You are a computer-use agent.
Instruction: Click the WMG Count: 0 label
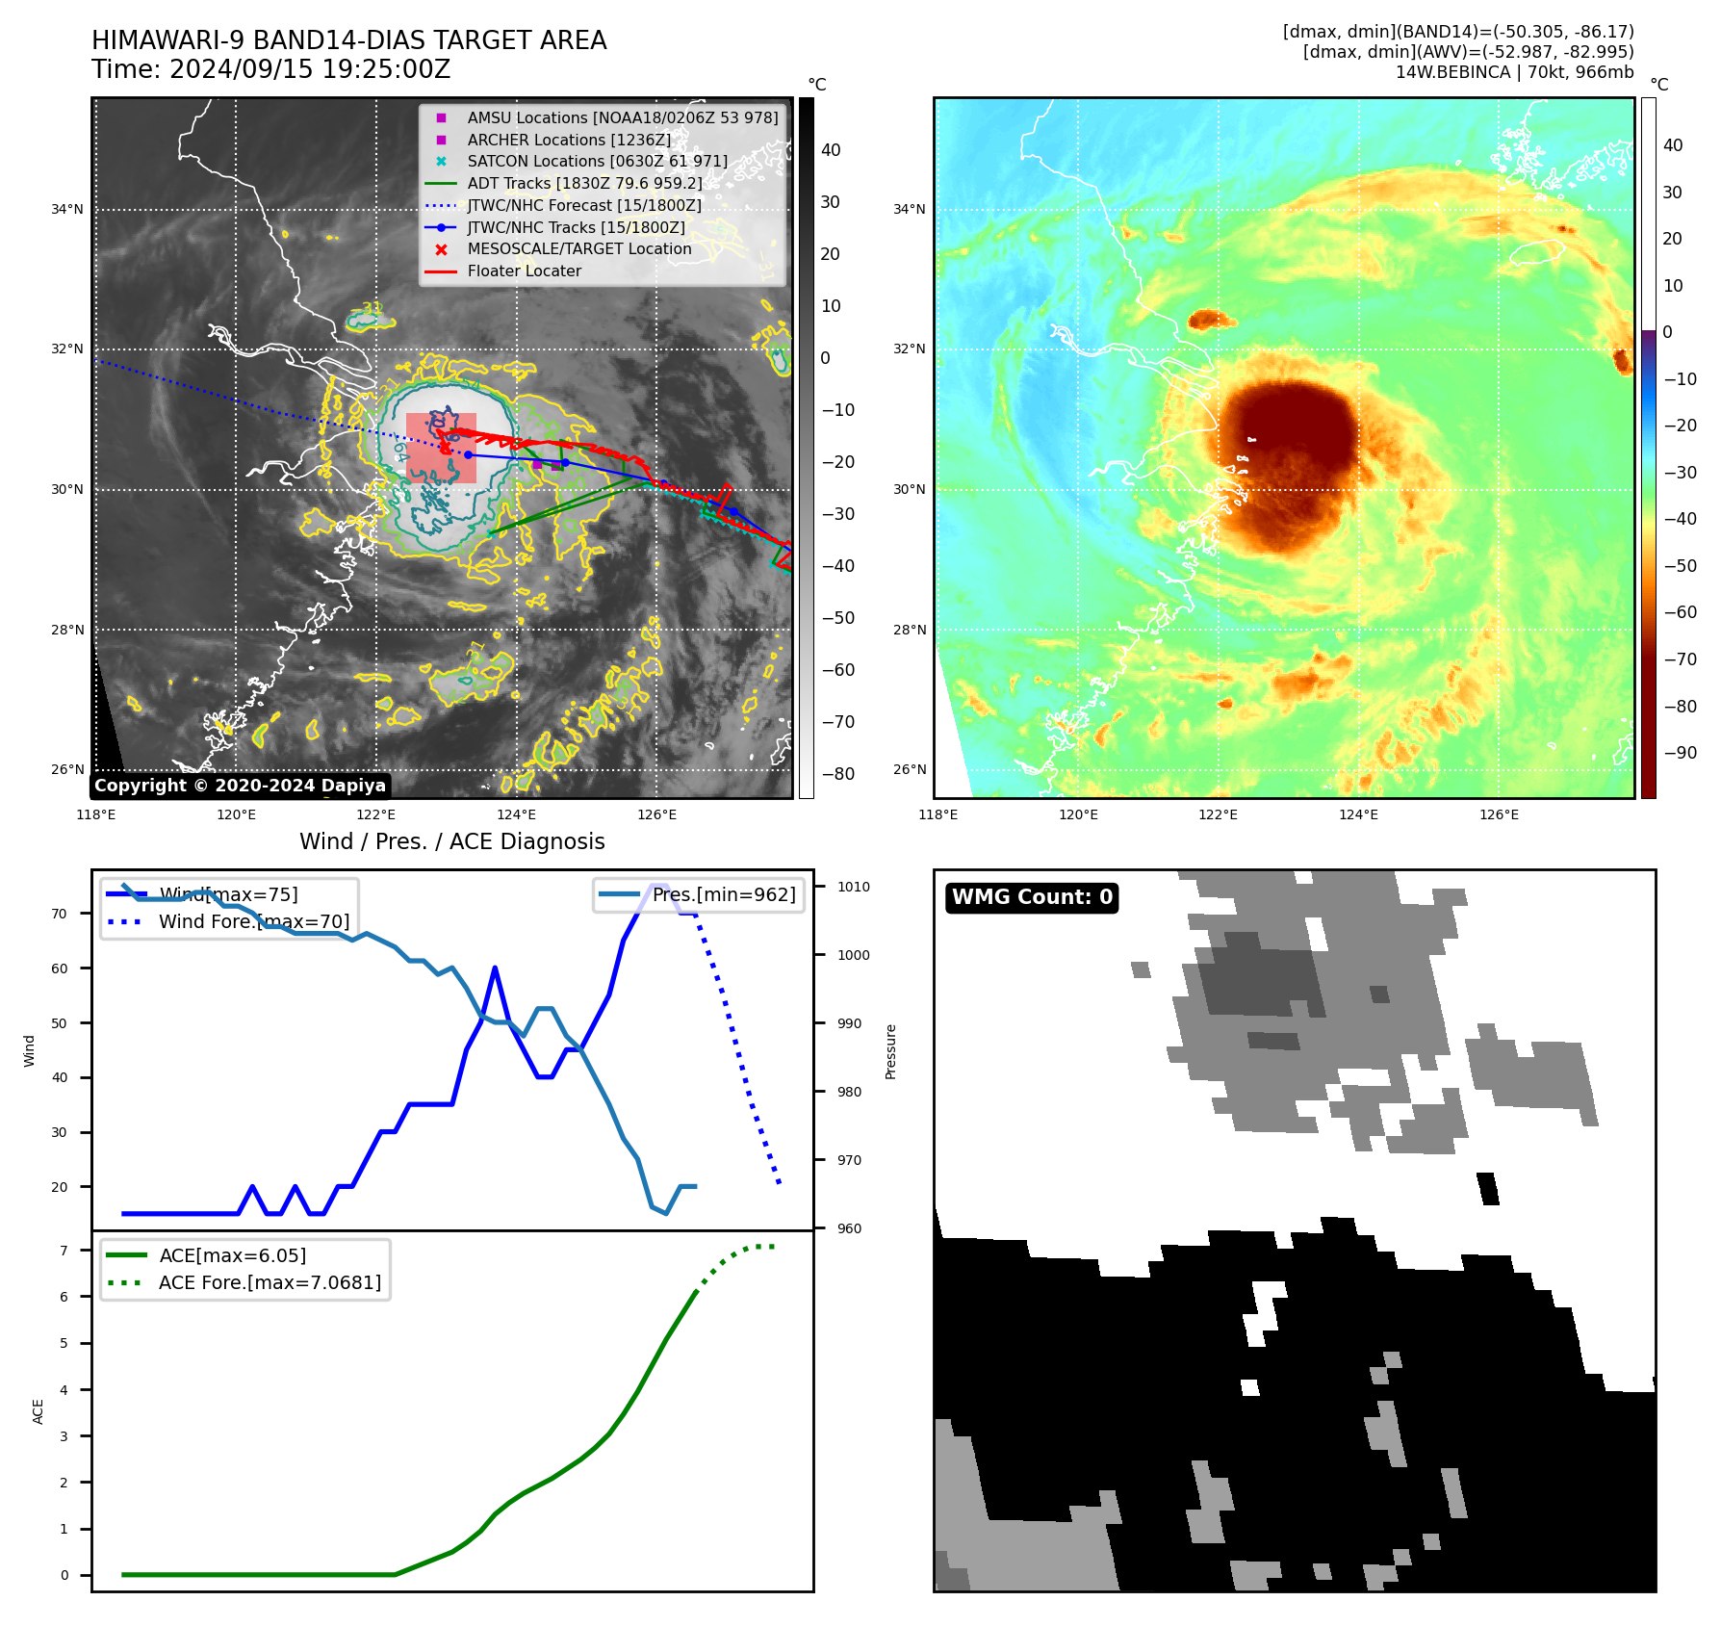(x=1032, y=897)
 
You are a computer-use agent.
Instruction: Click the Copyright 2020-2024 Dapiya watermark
(x=240, y=786)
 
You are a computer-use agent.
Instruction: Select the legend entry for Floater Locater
(x=524, y=271)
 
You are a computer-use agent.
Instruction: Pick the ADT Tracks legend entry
(x=584, y=183)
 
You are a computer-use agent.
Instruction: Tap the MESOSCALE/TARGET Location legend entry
(x=578, y=249)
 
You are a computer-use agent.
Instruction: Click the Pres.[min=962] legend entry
(x=723, y=894)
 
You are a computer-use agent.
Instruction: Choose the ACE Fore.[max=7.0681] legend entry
(x=270, y=1282)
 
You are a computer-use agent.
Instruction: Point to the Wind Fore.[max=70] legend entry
(x=253, y=921)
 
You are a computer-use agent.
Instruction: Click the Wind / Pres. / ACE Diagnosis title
(x=451, y=841)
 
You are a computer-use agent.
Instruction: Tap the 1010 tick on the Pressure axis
(x=853, y=887)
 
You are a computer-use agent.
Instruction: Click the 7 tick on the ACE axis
(x=64, y=1251)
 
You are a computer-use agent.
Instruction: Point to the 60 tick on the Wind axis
(x=60, y=968)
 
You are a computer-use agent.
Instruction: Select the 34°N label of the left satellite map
(x=67, y=209)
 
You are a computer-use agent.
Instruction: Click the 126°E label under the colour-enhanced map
(x=1499, y=814)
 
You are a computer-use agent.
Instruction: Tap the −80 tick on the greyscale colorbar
(x=837, y=773)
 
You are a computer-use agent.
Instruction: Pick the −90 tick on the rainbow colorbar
(x=1680, y=753)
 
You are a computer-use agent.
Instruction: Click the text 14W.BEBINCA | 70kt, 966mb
(x=1514, y=72)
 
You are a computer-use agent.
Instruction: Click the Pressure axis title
(x=890, y=1051)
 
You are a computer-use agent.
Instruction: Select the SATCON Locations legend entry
(x=597, y=161)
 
